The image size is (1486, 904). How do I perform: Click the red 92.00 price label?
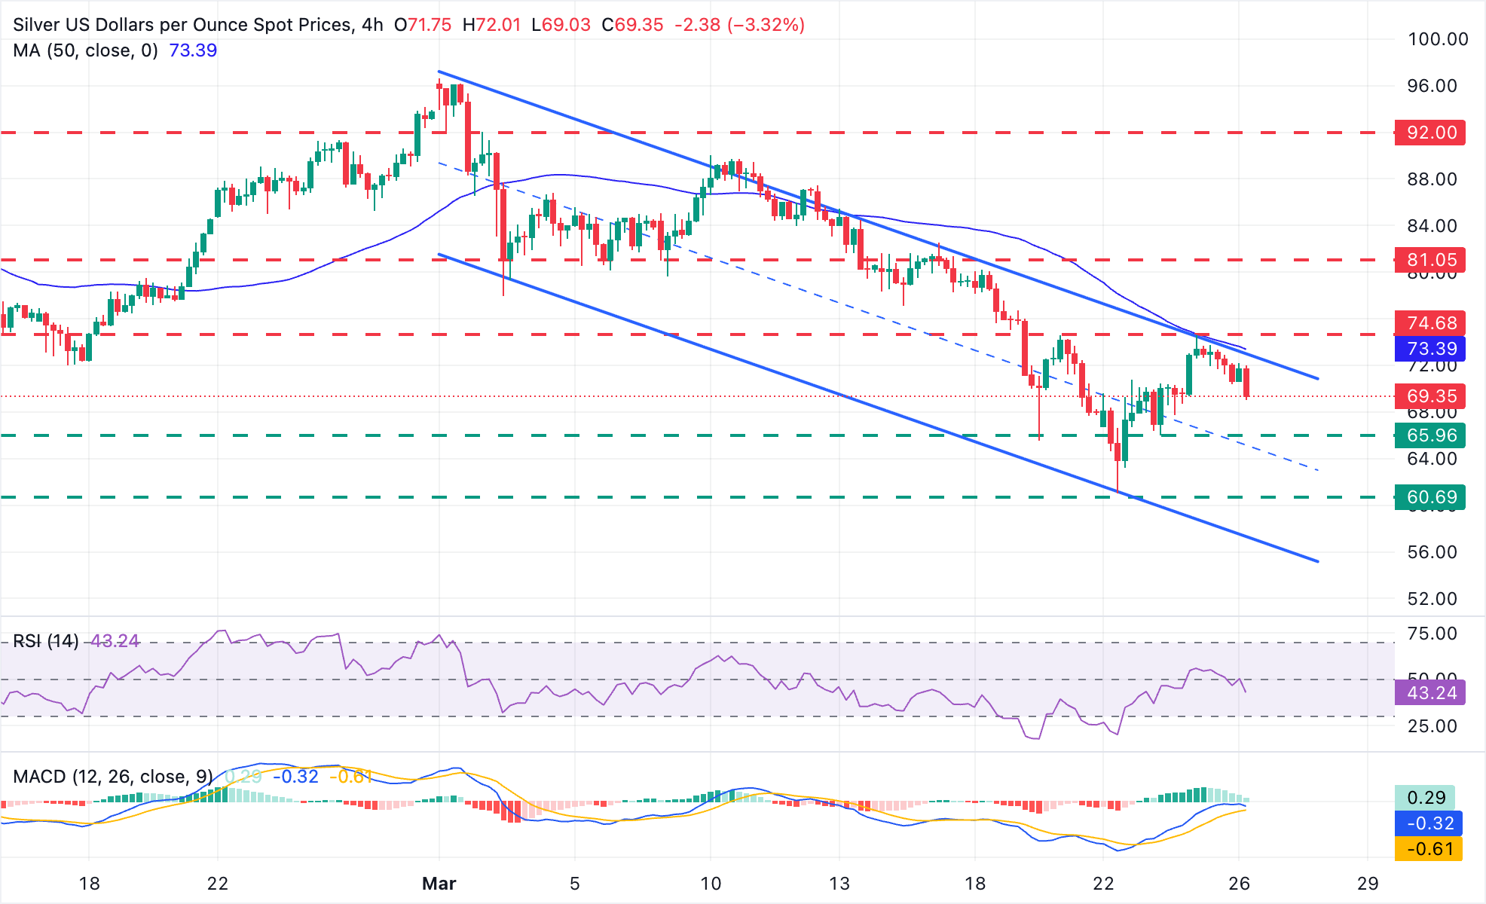point(1429,133)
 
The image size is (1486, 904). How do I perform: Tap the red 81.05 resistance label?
point(1429,260)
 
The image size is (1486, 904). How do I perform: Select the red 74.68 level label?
point(1429,323)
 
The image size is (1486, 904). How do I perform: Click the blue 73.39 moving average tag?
point(1429,349)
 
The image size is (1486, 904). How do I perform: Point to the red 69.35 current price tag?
point(1429,396)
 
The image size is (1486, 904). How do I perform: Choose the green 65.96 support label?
point(1429,435)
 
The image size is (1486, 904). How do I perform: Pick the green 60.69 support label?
point(1429,497)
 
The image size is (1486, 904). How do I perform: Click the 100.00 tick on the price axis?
point(1437,39)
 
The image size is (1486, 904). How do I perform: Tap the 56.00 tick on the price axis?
point(1432,552)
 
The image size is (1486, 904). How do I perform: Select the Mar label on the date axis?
point(439,883)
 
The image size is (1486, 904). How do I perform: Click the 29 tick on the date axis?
point(1368,883)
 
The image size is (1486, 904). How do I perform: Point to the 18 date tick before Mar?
point(89,883)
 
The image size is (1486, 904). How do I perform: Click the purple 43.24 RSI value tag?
point(1429,693)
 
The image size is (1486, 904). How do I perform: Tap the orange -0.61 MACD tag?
point(1428,849)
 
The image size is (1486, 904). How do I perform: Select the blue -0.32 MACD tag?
point(1428,823)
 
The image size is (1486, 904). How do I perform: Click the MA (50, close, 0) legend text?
point(85,50)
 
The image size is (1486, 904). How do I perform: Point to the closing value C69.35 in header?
point(632,25)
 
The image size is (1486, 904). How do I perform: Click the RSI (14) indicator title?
point(46,641)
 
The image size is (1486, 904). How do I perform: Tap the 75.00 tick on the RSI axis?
point(1432,634)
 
